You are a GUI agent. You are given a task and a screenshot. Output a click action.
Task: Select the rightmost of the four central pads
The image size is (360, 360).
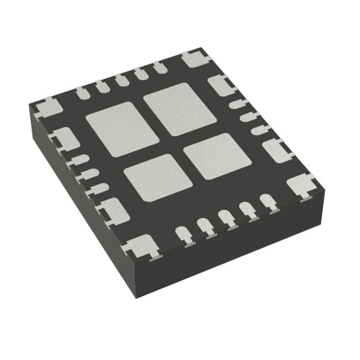(x=213, y=156)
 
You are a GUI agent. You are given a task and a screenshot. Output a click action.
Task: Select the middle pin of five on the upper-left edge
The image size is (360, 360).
(x=121, y=80)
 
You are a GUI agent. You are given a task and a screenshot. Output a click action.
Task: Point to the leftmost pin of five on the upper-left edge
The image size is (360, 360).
(x=83, y=93)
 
